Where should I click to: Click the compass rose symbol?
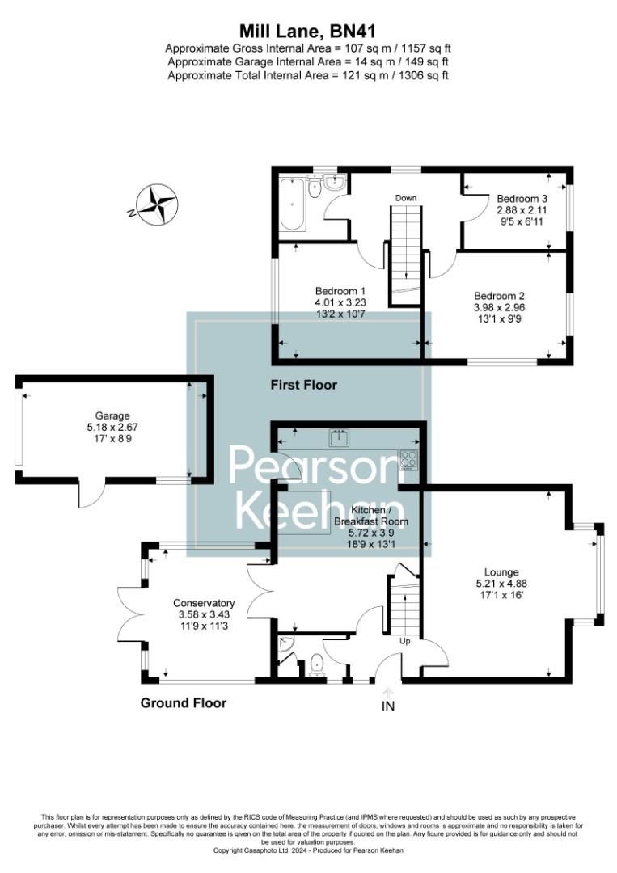(x=156, y=204)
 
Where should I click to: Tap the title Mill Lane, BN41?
(x=308, y=32)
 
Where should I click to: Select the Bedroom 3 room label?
(x=522, y=198)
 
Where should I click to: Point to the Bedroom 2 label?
(x=500, y=295)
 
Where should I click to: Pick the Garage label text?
(x=112, y=416)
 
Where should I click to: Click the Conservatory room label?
(x=204, y=603)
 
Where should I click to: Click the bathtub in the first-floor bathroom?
(x=291, y=204)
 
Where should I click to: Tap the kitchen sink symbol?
(x=339, y=439)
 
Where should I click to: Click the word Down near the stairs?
(x=406, y=198)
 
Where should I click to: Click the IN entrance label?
(x=388, y=706)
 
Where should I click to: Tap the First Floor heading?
(x=303, y=385)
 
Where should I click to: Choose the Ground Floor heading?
(x=184, y=702)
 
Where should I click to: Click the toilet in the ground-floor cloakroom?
(x=316, y=665)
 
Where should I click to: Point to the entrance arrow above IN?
(x=388, y=691)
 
